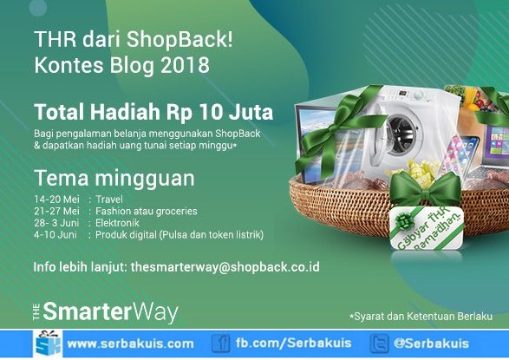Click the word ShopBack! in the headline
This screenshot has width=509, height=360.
(179, 39)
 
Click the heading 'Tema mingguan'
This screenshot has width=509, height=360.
(114, 179)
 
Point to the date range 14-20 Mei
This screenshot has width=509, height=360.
(57, 199)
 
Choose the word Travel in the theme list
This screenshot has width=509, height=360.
(109, 199)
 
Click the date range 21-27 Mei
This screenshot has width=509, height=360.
(57, 211)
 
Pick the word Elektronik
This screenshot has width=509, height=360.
(117, 223)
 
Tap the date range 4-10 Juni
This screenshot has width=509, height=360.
(55, 234)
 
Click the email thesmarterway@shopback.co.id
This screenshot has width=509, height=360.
(225, 267)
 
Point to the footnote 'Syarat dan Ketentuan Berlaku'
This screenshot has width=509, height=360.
(423, 316)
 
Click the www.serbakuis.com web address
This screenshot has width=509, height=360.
(130, 344)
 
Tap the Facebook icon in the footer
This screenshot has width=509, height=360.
(221, 344)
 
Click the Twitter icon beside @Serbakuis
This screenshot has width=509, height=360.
(379, 344)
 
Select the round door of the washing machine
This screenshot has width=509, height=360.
(401, 133)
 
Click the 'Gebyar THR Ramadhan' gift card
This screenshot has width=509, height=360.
(427, 228)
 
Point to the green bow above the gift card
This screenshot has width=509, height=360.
(425, 188)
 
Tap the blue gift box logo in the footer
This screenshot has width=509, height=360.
(48, 344)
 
